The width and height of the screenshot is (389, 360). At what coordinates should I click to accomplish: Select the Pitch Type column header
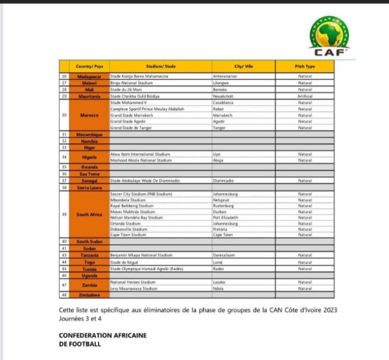304,66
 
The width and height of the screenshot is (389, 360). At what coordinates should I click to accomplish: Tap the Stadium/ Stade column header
160,66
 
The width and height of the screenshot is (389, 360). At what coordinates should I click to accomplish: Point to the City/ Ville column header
243,66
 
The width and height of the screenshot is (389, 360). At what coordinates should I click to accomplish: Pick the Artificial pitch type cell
304,96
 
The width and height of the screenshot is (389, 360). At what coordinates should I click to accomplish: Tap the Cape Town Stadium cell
129,235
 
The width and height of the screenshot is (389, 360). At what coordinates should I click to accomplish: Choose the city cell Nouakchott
225,96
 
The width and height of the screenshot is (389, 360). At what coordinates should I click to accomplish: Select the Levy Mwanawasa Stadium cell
133,288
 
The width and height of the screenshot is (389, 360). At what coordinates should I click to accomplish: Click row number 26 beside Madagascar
64,76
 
